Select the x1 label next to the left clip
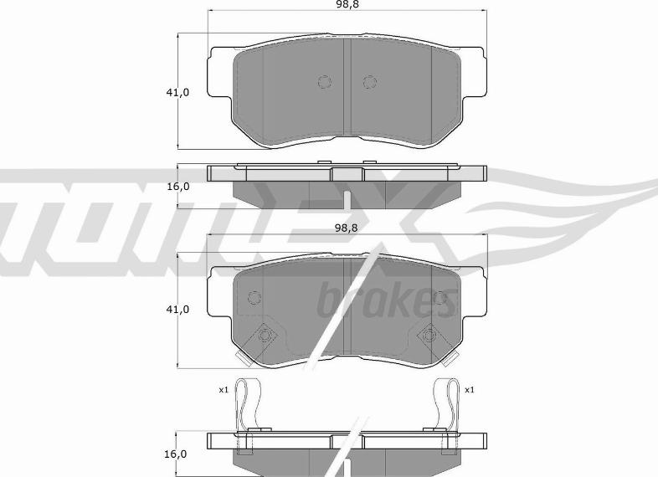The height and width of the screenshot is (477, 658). (224, 390)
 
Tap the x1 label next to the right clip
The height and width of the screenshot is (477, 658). (469, 390)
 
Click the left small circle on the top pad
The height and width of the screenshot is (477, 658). (324, 82)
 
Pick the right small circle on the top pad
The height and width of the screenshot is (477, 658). (369, 82)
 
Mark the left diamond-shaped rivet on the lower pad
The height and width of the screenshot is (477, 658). (265, 336)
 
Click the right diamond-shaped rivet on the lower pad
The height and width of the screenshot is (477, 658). (429, 336)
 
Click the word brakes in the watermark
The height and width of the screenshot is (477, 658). (387, 300)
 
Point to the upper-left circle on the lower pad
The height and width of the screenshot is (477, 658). (254, 298)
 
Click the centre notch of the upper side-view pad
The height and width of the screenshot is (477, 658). (346, 174)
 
